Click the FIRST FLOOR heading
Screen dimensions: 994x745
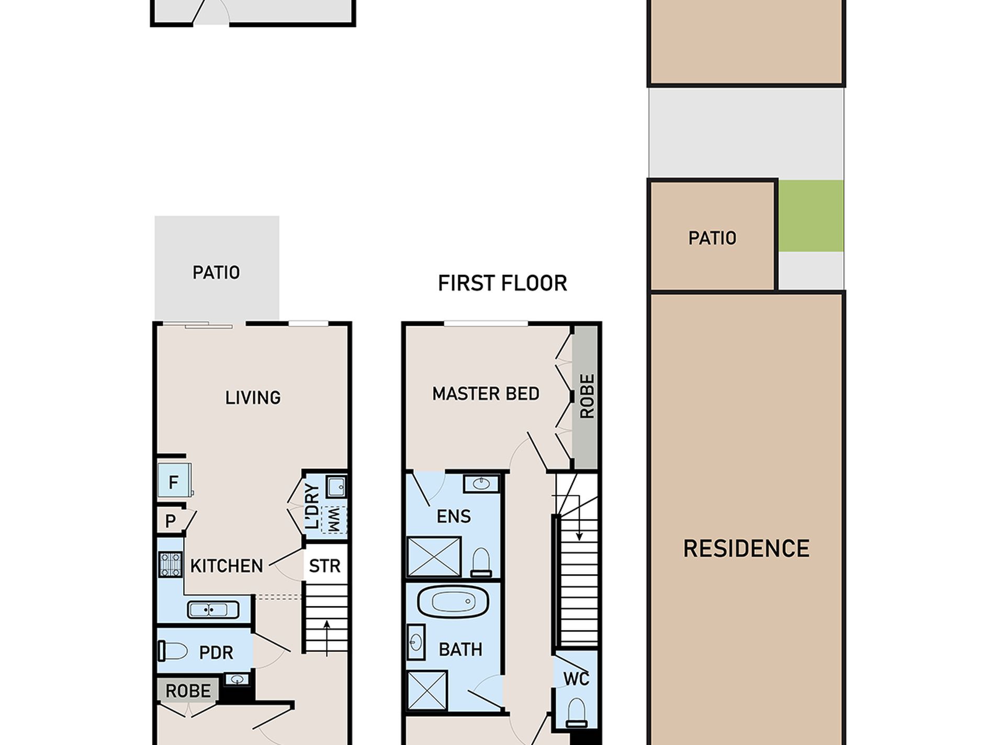pyautogui.click(x=502, y=283)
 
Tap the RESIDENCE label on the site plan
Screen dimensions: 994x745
pyautogui.click(x=746, y=549)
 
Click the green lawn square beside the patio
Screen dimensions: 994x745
pyautogui.click(x=810, y=216)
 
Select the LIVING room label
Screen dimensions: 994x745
pyautogui.click(x=253, y=398)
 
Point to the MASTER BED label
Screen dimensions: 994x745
pyautogui.click(x=485, y=394)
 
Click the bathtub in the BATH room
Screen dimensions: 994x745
pyautogui.click(x=453, y=602)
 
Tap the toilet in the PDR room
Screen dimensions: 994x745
pyautogui.click(x=173, y=651)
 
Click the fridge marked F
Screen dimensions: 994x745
pyautogui.click(x=175, y=480)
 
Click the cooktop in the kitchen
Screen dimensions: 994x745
pyautogui.click(x=171, y=565)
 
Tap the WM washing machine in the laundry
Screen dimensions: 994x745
pyautogui.click(x=334, y=520)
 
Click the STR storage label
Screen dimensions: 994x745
pyautogui.click(x=325, y=566)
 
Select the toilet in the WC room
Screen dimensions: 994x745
pyautogui.click(x=576, y=713)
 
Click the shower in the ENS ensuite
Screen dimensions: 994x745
pyautogui.click(x=434, y=556)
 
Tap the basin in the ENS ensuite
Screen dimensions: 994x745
pyautogui.click(x=481, y=484)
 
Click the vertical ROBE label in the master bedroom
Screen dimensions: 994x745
pyautogui.click(x=588, y=396)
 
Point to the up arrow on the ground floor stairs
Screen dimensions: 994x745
pyautogui.click(x=327, y=638)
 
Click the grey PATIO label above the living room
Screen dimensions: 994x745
pyautogui.click(x=216, y=272)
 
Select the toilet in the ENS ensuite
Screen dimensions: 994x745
pyautogui.click(x=481, y=562)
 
